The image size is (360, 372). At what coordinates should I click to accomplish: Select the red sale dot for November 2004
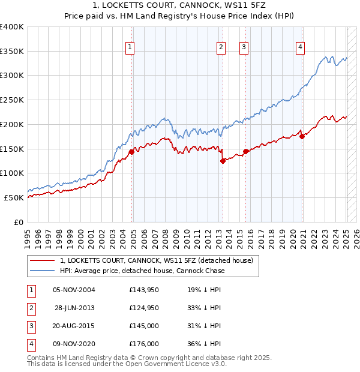coord(131,151)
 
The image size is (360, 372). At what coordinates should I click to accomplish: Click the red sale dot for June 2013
coord(223,161)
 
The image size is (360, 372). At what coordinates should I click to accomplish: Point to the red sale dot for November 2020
coord(302,136)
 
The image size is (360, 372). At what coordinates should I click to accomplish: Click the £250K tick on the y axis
coord(13,100)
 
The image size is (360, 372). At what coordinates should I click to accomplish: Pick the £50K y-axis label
coord(14,197)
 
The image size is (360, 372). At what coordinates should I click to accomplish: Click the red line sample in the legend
coord(42,261)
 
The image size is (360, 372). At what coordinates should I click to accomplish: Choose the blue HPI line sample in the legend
coord(42,271)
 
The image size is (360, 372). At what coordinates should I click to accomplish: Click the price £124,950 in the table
coord(143,308)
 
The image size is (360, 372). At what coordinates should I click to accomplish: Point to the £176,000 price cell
coord(143,344)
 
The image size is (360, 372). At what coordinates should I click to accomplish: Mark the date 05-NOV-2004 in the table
coord(74,290)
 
